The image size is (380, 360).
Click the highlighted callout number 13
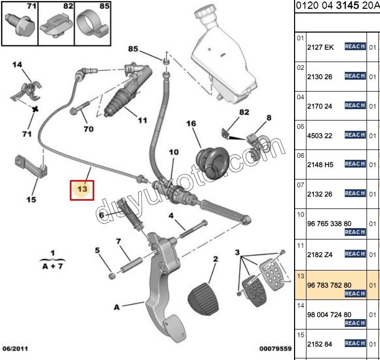point(82,189)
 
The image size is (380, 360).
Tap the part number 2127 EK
point(321,47)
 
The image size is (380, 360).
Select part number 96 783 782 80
point(330,284)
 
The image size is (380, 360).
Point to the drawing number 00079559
point(275,349)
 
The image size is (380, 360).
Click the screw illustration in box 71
point(20,23)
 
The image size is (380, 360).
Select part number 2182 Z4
point(321,254)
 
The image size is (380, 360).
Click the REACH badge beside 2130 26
point(355,76)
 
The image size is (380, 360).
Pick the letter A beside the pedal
point(116,307)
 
